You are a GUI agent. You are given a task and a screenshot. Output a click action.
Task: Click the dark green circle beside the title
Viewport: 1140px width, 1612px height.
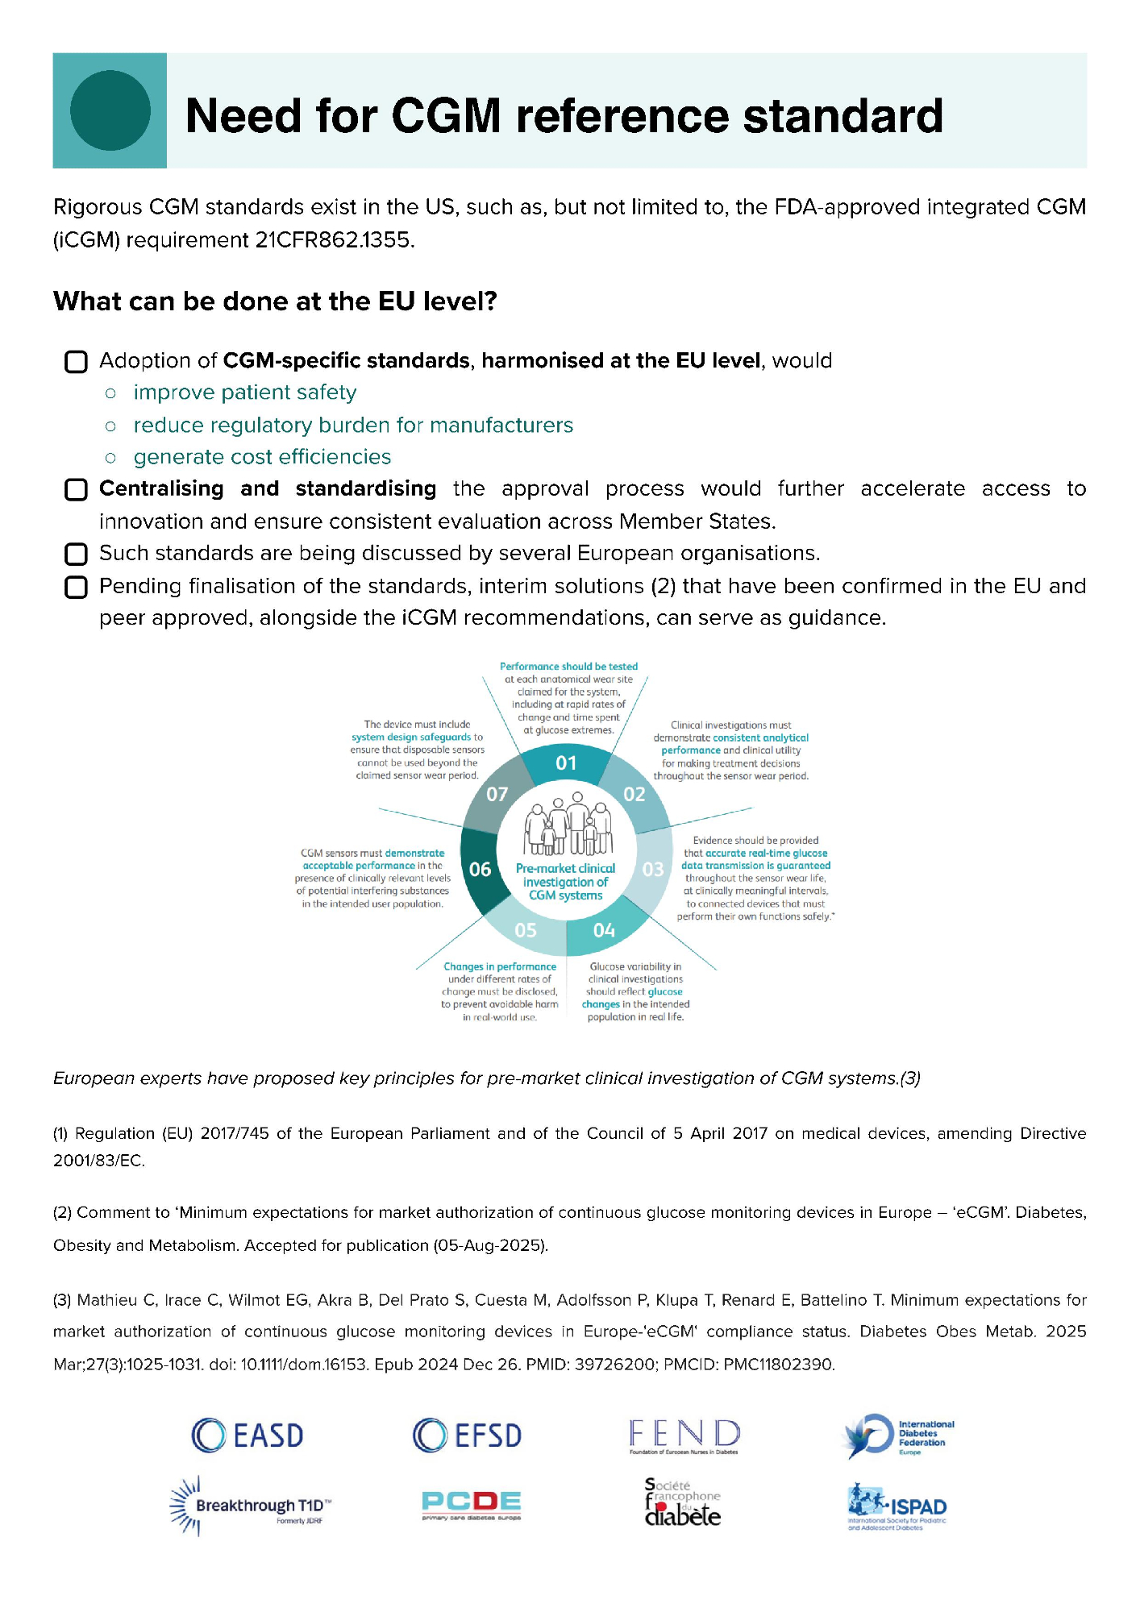(x=110, y=110)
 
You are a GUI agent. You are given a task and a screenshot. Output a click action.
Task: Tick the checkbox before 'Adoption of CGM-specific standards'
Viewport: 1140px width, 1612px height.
(x=76, y=362)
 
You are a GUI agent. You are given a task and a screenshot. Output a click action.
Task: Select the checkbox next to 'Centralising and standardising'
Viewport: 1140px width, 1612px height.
(x=76, y=490)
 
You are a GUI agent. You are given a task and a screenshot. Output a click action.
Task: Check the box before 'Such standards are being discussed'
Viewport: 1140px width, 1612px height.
(x=76, y=555)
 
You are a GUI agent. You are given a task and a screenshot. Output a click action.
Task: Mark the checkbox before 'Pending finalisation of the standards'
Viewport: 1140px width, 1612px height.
(x=76, y=587)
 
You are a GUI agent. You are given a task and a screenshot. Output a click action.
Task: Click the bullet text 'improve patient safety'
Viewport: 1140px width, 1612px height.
(x=244, y=393)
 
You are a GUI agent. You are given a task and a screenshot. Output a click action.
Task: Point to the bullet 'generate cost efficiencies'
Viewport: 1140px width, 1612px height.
(x=262, y=457)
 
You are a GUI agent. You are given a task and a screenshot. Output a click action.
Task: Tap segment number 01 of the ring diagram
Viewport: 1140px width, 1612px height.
(x=566, y=762)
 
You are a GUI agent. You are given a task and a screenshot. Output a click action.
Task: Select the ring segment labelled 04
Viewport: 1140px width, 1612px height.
(x=604, y=930)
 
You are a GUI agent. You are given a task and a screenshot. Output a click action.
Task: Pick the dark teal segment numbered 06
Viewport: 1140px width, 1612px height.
(x=480, y=869)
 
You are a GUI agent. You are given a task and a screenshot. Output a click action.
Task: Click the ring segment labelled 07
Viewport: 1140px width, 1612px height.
(x=497, y=794)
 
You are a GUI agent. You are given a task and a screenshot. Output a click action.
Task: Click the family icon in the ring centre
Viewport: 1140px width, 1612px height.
(x=568, y=825)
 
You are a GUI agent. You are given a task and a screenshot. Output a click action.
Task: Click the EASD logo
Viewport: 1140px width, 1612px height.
(x=248, y=1435)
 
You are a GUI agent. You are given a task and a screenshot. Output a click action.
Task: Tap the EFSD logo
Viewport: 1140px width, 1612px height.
(x=467, y=1435)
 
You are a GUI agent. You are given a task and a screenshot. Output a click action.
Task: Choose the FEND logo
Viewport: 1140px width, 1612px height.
(x=684, y=1436)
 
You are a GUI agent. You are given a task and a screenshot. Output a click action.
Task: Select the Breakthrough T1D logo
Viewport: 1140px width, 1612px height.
(x=251, y=1506)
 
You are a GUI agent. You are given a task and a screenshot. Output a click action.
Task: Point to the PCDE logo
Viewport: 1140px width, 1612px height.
(x=472, y=1504)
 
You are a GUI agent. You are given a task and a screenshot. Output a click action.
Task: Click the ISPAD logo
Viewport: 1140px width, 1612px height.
(x=897, y=1506)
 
